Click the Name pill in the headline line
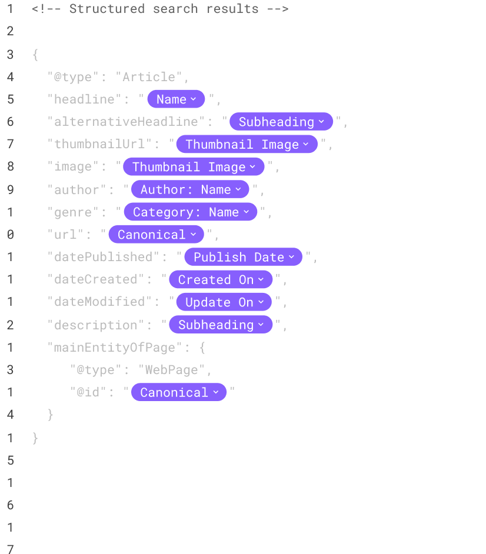coord(176,99)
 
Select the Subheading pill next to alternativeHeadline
coord(281,122)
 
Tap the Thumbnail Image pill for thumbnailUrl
coord(247,144)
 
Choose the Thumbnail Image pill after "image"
coord(194,167)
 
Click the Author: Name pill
coord(190,189)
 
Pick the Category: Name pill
coord(191,212)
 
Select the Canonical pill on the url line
coord(157,235)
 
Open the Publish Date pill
coord(243,257)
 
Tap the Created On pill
coord(221,279)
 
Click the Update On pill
coord(224,302)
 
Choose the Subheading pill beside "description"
coord(221,325)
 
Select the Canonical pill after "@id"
coord(179,392)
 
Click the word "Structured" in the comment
coord(107,9)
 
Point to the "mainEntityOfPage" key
coord(115,348)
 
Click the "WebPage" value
coord(171,370)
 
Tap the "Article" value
coord(149,77)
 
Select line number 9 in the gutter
coord(11,190)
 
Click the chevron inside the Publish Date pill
coord(292,257)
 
